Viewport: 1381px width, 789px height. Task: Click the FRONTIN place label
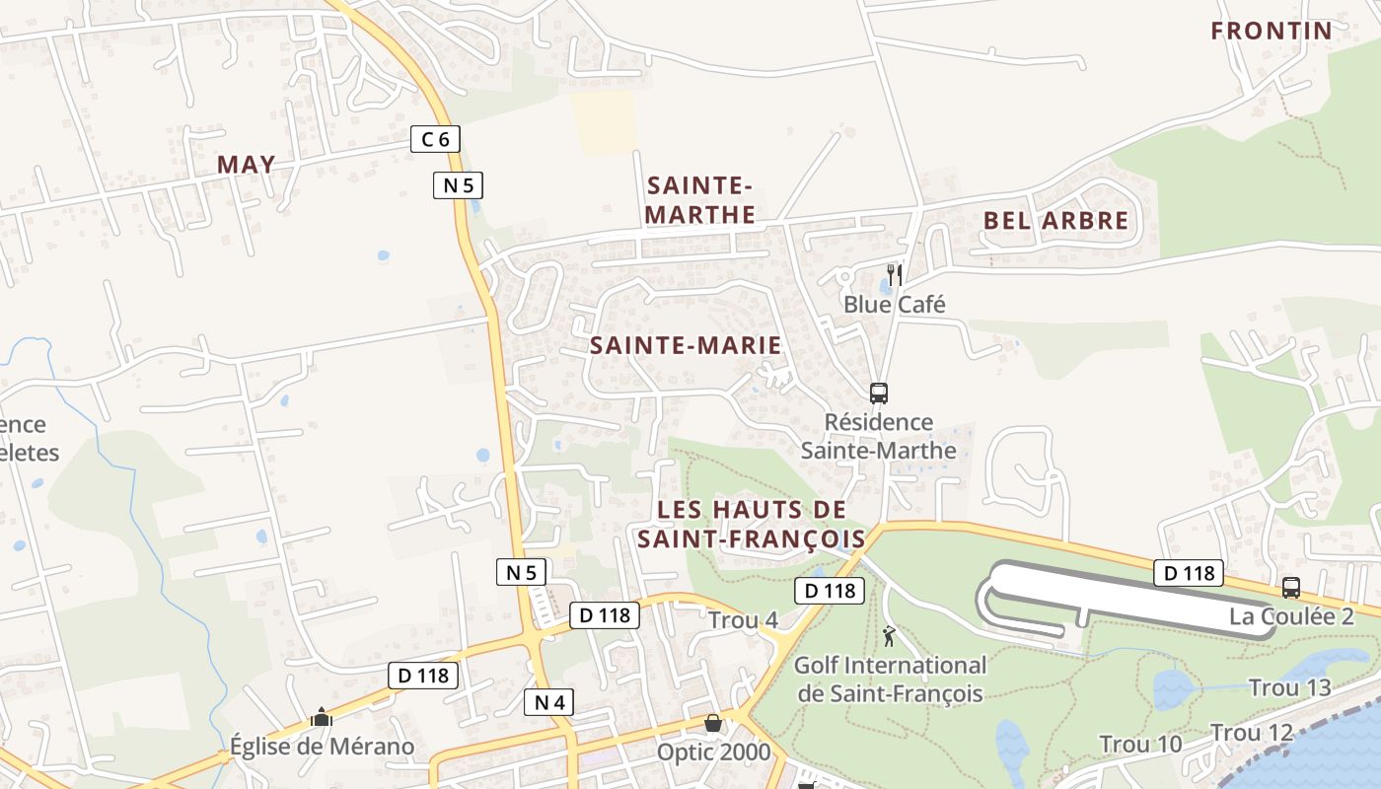(1272, 31)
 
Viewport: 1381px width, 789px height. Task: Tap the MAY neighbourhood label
(246, 165)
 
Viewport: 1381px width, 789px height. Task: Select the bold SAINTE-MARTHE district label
(700, 200)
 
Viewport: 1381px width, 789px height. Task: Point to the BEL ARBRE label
(1055, 221)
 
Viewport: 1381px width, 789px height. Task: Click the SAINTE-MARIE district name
(686, 345)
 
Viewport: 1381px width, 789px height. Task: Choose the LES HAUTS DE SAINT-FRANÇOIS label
(751, 525)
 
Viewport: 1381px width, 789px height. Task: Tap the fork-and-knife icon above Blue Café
(895, 274)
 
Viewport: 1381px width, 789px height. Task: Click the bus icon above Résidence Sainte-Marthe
(878, 393)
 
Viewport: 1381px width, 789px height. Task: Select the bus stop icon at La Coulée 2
(1290, 588)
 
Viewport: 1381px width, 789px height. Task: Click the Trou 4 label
(743, 620)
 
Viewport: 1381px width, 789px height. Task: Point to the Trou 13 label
(1289, 687)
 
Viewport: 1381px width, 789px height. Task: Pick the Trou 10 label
(1140, 744)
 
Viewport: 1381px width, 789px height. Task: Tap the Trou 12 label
(1251, 733)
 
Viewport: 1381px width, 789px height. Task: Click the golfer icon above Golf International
(890, 635)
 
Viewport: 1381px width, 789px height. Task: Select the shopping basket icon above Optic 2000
(712, 724)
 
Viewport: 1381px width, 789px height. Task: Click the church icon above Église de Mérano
(321, 717)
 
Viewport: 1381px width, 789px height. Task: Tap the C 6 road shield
(435, 139)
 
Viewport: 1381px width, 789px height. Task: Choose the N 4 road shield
(547, 702)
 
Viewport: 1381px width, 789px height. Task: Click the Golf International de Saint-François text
(890, 680)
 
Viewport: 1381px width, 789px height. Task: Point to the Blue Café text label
(894, 305)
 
